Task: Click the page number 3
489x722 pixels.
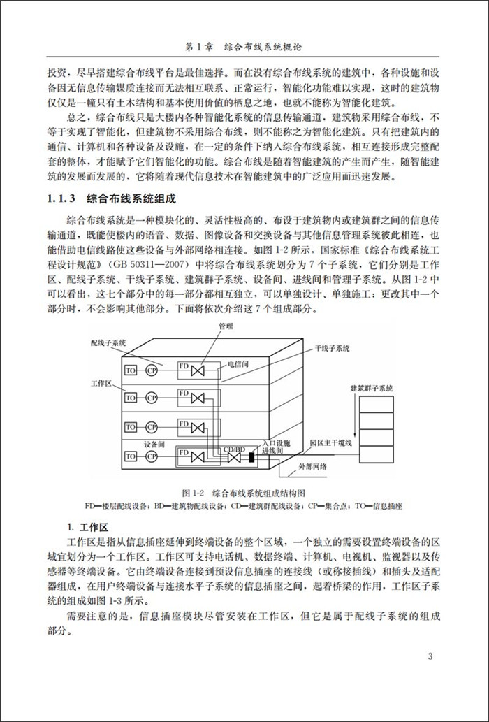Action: (430, 656)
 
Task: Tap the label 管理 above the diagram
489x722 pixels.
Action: (225, 326)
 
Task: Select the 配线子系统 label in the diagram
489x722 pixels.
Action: (108, 342)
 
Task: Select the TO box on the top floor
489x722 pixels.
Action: (131, 369)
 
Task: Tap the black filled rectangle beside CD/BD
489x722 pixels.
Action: (251, 458)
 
